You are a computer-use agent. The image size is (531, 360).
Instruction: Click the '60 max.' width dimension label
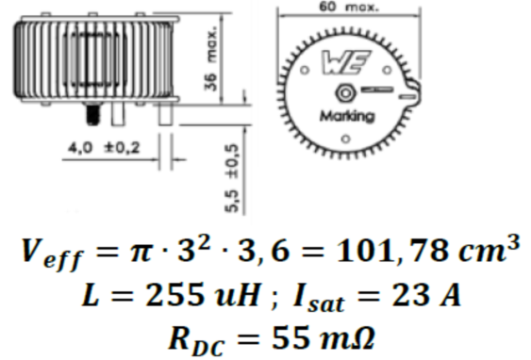349,7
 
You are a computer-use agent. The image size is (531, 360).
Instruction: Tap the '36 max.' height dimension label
210,59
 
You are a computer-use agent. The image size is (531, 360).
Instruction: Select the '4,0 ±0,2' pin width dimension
104,148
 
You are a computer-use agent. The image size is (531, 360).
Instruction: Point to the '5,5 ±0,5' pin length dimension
232,178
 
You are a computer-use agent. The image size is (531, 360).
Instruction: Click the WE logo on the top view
345,62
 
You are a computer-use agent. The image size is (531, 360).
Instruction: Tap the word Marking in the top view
347,116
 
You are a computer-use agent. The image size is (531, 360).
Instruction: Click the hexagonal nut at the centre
345,92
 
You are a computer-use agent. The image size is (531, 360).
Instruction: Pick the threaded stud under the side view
92,114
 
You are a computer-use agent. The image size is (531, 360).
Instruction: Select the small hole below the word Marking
345,139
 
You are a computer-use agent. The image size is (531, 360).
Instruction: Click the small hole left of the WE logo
305,70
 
